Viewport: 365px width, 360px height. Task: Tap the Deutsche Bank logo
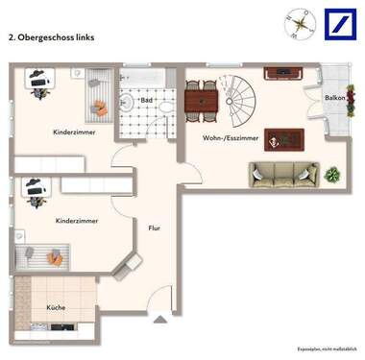coord(339,24)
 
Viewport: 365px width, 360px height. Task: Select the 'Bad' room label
coord(147,100)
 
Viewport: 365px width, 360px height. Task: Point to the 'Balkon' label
coord(334,98)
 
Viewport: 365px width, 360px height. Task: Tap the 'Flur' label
coord(154,228)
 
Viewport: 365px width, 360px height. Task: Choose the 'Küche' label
coord(56,307)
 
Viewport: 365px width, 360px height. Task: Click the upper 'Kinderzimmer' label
coord(74,132)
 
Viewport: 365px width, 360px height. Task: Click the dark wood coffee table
coord(285,140)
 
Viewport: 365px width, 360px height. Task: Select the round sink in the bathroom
coord(126,104)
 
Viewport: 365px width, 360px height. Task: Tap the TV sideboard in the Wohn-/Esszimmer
coord(284,71)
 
